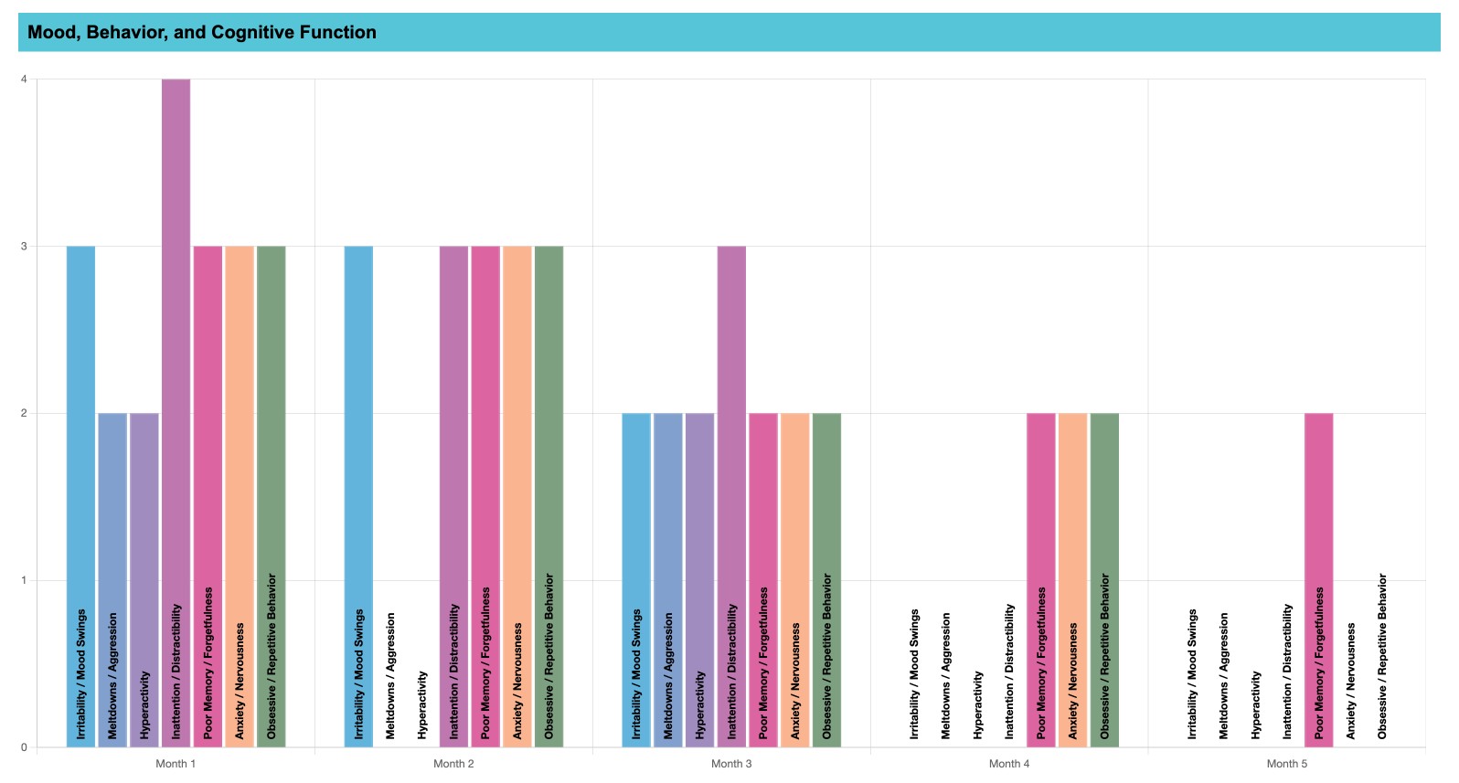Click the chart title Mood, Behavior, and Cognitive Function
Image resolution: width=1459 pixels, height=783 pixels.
tap(202, 33)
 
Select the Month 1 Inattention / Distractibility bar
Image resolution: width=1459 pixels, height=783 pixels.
tap(176, 411)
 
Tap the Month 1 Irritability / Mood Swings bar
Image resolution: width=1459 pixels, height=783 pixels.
tap(80, 493)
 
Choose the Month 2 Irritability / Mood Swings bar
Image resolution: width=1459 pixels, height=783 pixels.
tap(358, 493)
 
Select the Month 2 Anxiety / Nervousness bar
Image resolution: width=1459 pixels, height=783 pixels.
tap(517, 493)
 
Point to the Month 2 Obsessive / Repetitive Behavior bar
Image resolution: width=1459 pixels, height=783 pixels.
tap(548, 493)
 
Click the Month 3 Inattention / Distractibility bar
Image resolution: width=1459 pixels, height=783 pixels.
tap(731, 493)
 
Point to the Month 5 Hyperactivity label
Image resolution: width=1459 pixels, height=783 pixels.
tap(1256, 704)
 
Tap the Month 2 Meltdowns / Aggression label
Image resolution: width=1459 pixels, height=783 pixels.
tap(391, 675)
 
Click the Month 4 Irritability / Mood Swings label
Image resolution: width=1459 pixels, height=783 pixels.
tap(914, 673)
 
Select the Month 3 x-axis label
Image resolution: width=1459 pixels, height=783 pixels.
tap(731, 764)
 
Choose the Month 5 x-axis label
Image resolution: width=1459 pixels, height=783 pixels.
tap(1287, 764)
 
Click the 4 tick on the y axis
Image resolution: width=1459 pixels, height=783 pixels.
tap(24, 79)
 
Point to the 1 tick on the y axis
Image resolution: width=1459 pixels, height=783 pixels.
tap(24, 580)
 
